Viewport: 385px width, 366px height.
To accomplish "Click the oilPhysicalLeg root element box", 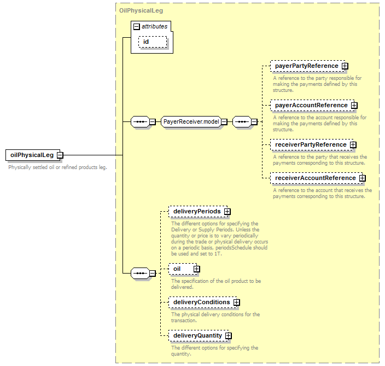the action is [33, 155].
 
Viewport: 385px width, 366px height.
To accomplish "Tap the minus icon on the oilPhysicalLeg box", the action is [60, 155].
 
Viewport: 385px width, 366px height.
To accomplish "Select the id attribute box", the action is [153, 42].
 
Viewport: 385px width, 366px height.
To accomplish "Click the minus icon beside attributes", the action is [137, 26].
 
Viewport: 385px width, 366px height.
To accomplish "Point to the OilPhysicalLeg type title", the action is [141, 10].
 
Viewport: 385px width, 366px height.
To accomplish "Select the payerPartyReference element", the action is [308, 66].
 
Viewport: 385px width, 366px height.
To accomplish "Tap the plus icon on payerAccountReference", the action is [354, 106].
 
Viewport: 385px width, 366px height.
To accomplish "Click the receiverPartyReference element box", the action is [312, 144].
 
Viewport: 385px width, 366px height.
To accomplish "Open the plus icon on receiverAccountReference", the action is [363, 178].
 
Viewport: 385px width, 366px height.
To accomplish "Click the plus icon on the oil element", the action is [196, 269].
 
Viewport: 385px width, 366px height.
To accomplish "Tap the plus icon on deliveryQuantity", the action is [229, 336].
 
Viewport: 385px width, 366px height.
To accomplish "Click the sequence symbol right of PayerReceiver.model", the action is [242, 121].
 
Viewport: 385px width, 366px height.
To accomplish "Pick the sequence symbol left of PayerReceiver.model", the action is [140, 121].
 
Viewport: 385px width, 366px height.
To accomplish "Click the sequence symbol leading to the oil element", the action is [140, 273].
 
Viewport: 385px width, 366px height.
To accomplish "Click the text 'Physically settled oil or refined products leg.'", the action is [58, 167].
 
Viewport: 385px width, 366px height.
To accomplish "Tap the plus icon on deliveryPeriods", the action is [227, 212].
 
